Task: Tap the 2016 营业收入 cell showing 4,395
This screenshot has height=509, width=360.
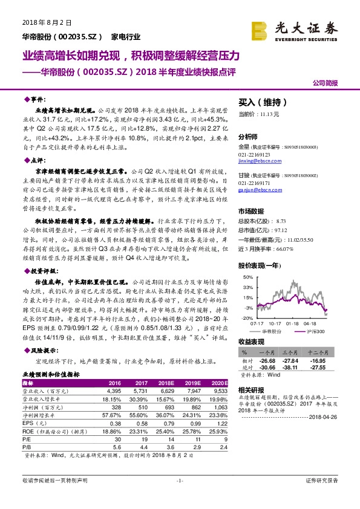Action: click(x=113, y=391)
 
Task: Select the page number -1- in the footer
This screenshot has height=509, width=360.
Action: click(x=180, y=481)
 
